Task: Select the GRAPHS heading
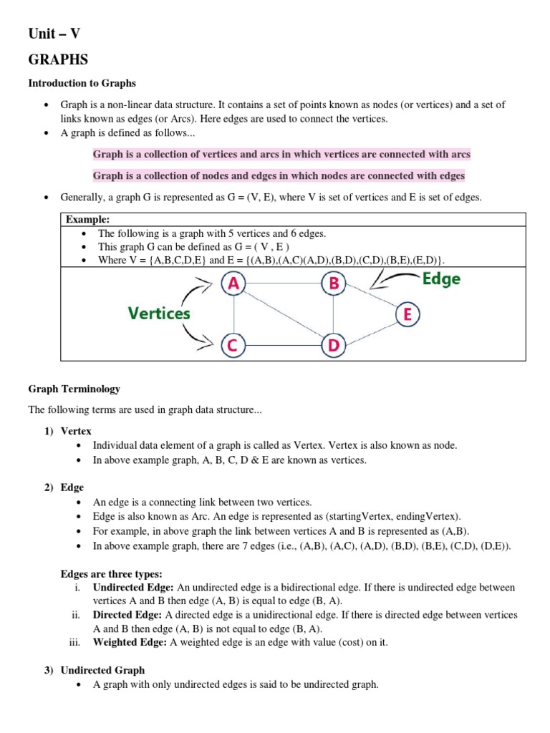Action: tap(58, 59)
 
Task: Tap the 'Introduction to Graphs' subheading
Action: tap(82, 84)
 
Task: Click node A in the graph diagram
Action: tap(233, 284)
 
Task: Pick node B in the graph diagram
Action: tap(333, 284)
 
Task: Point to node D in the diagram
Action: tap(333, 346)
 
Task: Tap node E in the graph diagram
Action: tap(407, 314)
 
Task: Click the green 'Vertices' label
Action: tap(159, 314)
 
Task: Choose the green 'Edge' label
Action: tap(441, 279)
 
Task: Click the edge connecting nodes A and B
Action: tap(283, 284)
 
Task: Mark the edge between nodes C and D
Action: tap(283, 346)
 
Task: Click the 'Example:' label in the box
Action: tap(87, 220)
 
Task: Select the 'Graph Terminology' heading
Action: tap(74, 389)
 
